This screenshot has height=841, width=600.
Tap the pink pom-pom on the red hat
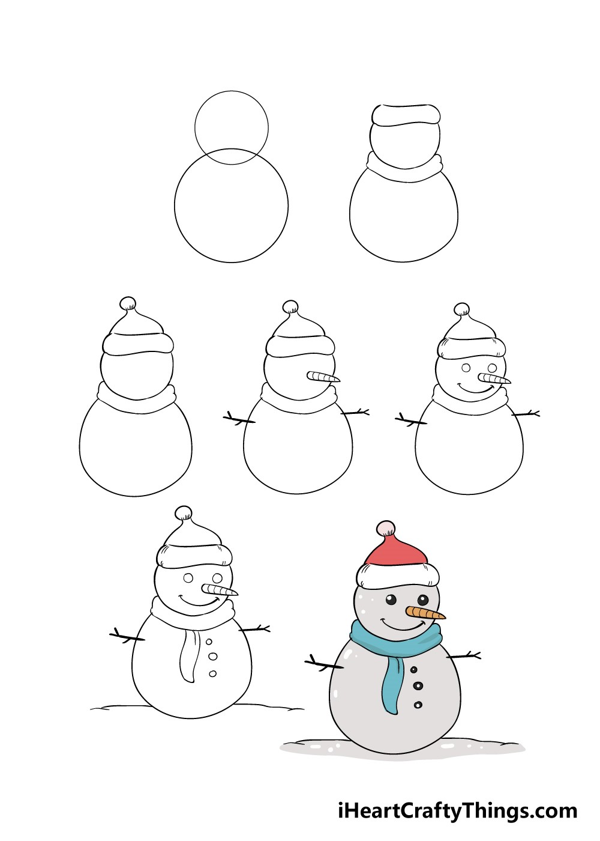(386, 529)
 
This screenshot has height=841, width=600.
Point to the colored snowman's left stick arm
(321, 664)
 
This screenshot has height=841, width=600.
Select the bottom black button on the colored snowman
(418, 705)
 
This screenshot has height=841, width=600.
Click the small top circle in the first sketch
(231, 123)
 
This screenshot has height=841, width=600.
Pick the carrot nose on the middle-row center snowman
(323, 377)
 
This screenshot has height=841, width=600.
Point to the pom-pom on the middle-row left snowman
(128, 304)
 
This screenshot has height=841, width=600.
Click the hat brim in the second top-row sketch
(406, 115)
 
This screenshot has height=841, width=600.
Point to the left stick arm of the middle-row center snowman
(239, 419)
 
